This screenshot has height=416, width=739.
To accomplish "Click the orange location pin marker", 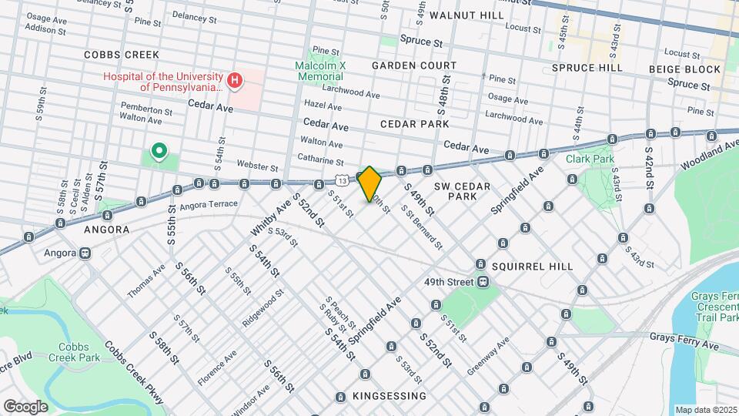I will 369,183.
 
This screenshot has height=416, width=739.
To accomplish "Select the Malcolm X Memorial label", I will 319,71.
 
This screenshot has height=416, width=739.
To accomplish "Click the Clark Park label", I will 590,159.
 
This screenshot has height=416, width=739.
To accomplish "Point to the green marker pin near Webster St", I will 159,150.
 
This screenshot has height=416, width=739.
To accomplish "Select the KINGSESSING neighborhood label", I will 389,396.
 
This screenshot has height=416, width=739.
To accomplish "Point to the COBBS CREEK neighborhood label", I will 121,55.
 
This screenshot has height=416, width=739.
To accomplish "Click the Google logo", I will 25,406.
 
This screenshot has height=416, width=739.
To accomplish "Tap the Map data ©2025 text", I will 705,410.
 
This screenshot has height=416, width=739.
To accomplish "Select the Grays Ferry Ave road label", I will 684,342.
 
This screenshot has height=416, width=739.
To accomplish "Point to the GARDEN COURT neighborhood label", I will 413,65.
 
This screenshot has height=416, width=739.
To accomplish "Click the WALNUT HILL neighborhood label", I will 466,15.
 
